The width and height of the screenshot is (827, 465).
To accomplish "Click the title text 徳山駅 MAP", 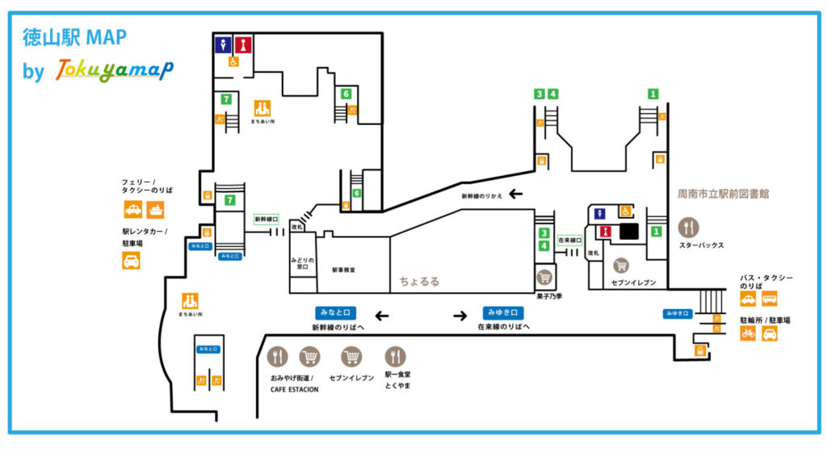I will point(74,38).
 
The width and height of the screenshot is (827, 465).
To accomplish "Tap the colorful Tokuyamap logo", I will point(113,71).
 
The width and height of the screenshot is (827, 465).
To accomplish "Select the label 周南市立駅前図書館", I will point(723,194).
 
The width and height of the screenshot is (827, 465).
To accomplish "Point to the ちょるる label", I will point(419,282).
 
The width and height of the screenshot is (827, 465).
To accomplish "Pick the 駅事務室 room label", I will point(344,270).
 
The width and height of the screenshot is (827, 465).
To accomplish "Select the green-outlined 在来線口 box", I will point(569,240).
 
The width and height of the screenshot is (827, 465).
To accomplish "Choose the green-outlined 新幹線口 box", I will point(266,219).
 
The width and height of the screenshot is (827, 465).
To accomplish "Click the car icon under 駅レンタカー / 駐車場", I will point(131,260).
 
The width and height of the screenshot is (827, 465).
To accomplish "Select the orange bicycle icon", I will point(748,333).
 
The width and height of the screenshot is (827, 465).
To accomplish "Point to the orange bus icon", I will point(769,299).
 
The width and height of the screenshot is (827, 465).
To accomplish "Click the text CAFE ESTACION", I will point(294,389).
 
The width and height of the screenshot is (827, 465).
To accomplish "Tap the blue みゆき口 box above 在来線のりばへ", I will point(504,312).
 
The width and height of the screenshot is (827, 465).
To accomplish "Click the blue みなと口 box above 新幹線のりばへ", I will point(336,312).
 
